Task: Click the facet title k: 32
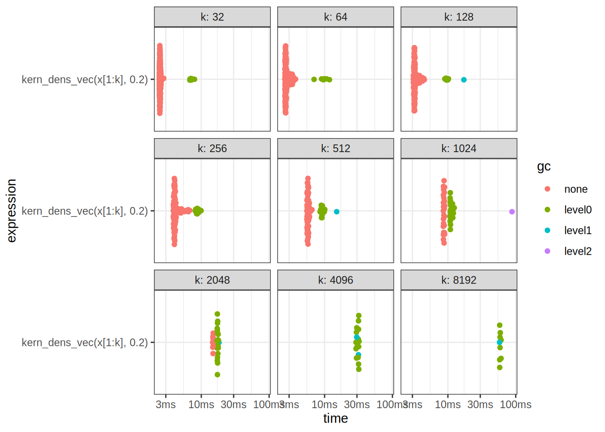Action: tap(212, 17)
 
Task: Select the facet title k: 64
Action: tap(335, 17)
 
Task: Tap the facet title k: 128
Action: tap(459, 17)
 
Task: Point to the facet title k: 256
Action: tap(212, 148)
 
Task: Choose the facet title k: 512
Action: tap(335, 148)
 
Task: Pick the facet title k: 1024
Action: tap(459, 148)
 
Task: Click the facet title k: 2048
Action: tap(212, 280)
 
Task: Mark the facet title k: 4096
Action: tap(335, 280)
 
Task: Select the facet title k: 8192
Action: tap(459, 280)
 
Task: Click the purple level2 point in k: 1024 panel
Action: tap(512, 211)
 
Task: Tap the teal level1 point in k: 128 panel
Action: tap(464, 80)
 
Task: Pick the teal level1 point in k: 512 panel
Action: tap(337, 211)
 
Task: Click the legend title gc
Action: tap(544, 167)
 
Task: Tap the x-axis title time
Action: tap(335, 418)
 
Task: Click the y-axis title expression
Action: tap(12, 211)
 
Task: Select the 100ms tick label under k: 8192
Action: tap(516, 405)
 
